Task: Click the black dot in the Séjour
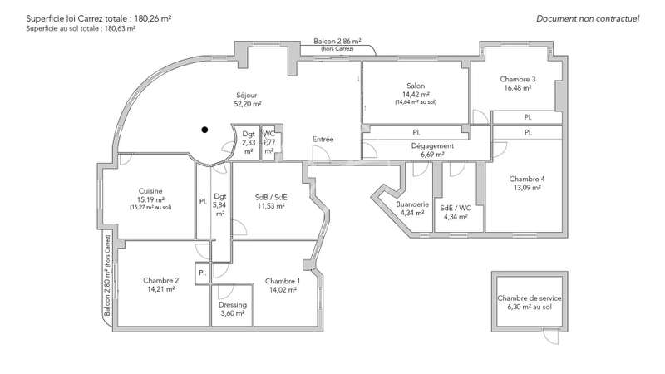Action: (x=204, y=130)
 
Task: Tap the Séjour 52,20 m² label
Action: (x=247, y=99)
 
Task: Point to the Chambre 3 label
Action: (x=517, y=79)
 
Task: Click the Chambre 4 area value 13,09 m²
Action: (x=527, y=188)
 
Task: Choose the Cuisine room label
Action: (x=150, y=191)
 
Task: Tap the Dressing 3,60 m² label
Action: (x=233, y=308)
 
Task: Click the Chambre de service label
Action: (x=530, y=298)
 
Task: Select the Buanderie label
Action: (x=412, y=204)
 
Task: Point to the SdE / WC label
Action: (x=456, y=208)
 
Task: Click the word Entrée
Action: (x=323, y=139)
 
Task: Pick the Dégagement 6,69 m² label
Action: (x=432, y=150)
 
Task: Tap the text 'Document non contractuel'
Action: (x=588, y=18)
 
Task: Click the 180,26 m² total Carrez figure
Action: (x=153, y=18)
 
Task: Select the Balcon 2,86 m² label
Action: (x=337, y=41)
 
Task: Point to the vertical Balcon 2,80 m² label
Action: (x=107, y=276)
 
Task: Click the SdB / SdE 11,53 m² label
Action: (x=271, y=201)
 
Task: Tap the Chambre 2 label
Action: (x=160, y=280)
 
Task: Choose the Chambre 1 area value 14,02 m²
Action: (x=283, y=289)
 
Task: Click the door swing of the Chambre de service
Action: (x=551, y=337)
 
